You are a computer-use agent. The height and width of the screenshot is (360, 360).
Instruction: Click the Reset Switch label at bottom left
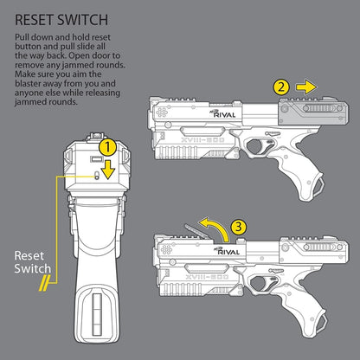click(31, 261)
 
